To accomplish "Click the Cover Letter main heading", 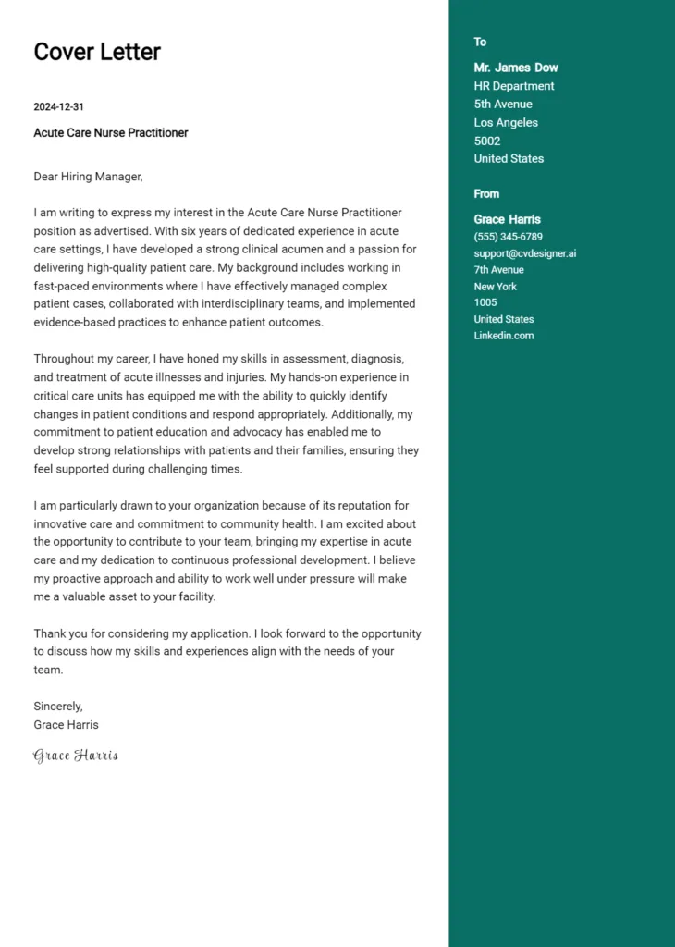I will [x=97, y=52].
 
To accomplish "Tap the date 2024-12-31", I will [x=59, y=107].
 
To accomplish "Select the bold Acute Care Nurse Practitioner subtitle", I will [x=111, y=133].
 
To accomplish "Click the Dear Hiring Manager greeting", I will [x=88, y=176].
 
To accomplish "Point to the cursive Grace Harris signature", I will [x=76, y=756].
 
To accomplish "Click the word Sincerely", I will [x=58, y=707].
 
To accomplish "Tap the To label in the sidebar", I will [x=480, y=42].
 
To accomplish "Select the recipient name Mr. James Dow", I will [x=516, y=68].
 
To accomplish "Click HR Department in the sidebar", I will [x=514, y=86].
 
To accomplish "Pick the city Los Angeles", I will [x=506, y=122].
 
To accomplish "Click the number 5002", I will [x=487, y=141].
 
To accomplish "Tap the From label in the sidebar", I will [x=486, y=193].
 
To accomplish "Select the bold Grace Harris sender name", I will [x=508, y=219].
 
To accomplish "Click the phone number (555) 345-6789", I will [x=509, y=237].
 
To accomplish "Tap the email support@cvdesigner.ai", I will [x=525, y=253].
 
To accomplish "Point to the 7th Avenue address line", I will [x=499, y=270].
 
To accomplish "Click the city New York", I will [x=496, y=287].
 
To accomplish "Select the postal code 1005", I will [x=485, y=302].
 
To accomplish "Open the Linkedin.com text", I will [x=504, y=336].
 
